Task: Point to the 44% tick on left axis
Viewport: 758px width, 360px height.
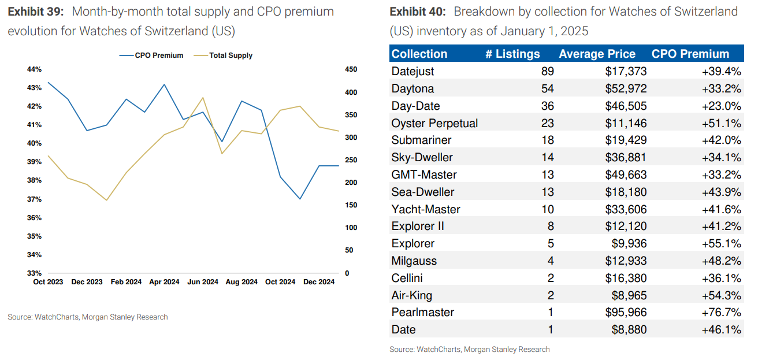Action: pyautogui.click(x=34, y=69)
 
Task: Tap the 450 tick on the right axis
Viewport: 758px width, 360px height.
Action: pyautogui.click(x=351, y=69)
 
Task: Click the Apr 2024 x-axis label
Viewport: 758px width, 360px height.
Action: pyautogui.click(x=164, y=282)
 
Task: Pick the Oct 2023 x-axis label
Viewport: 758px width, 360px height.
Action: pyautogui.click(x=48, y=282)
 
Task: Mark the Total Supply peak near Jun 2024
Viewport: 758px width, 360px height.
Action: pyautogui.click(x=203, y=98)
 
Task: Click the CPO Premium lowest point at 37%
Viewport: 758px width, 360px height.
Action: pyautogui.click(x=300, y=199)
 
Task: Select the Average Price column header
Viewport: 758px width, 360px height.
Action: pyautogui.click(x=597, y=54)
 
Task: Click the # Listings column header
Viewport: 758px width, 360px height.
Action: pyautogui.click(x=512, y=54)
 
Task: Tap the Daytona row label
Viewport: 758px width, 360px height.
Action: pyautogui.click(x=413, y=88)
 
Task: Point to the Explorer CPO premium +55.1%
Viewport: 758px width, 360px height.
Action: pyautogui.click(x=722, y=243)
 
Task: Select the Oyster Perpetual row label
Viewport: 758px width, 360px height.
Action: pyautogui.click(x=434, y=123)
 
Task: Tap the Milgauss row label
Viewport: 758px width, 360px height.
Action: pyautogui.click(x=414, y=261)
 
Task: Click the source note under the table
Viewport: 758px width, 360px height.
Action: pyautogui.click(x=469, y=349)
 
